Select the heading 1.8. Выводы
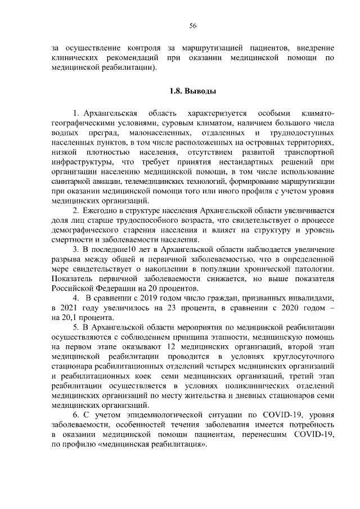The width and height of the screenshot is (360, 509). click(x=192, y=91)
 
